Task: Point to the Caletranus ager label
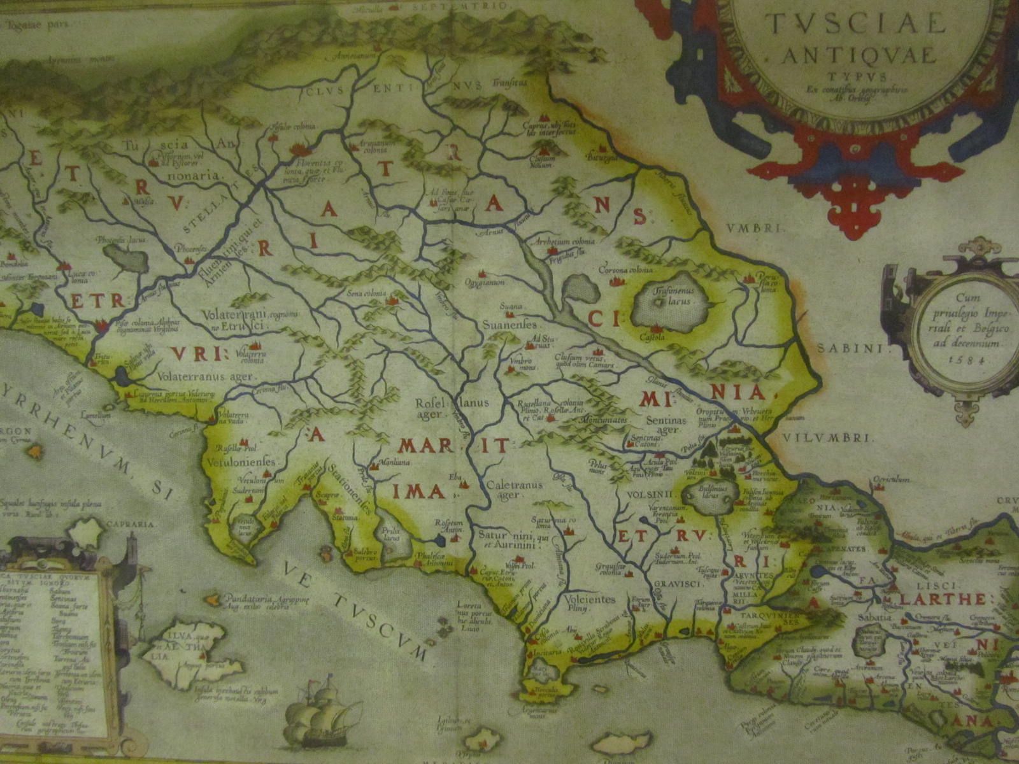coord(514,490)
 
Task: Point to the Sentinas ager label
coord(666,425)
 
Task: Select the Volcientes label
coord(590,600)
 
